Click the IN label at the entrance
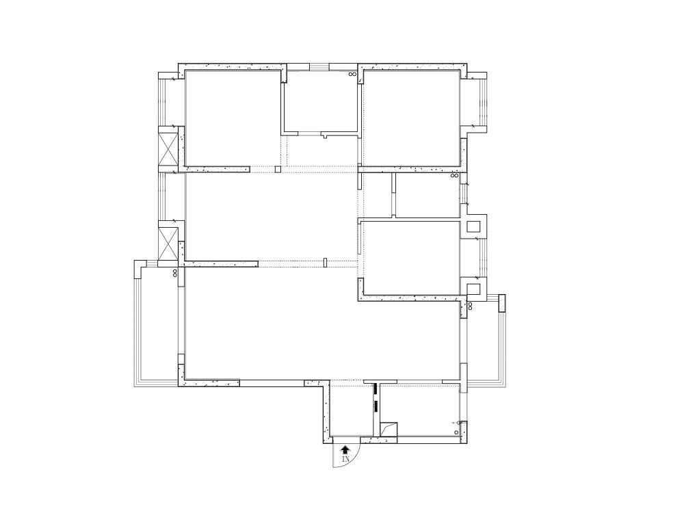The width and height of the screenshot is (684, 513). tap(345, 460)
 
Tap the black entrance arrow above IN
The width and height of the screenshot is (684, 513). tap(345, 449)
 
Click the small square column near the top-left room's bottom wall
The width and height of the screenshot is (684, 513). tap(278, 170)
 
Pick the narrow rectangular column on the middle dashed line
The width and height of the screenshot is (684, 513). tap(326, 262)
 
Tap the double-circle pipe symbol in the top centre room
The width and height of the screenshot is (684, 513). tap(352, 74)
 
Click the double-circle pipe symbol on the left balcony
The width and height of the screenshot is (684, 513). tap(176, 272)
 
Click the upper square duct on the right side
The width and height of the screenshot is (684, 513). tap(473, 226)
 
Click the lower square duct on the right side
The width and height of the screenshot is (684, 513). tap(473, 288)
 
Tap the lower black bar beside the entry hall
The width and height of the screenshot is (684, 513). tap(375, 406)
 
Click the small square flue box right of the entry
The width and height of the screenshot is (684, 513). tap(389, 428)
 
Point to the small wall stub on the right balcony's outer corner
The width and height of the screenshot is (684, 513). tap(501, 302)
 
